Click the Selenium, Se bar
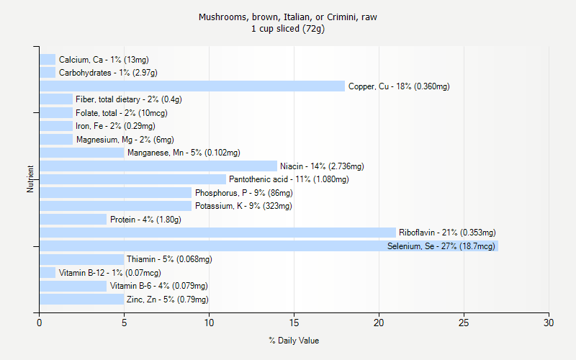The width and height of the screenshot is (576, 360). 269,246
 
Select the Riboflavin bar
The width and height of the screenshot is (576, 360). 217,233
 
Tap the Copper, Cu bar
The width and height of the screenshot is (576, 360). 192,86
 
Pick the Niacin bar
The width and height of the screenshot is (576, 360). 158,166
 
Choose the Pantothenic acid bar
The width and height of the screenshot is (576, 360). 132,179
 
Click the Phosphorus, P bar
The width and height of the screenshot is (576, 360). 116,193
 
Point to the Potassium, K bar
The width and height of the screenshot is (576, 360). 116,206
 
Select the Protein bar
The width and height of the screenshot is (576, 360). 73,220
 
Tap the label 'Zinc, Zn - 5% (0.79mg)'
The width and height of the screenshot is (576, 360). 168,300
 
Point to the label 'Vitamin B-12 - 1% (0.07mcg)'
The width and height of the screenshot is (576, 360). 109,273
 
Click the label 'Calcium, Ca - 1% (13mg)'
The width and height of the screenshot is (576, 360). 104,60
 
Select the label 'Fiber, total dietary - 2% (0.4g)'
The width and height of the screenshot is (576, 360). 129,99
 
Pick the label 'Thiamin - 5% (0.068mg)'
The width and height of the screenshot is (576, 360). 169,259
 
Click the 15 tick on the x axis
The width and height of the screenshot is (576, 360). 294,321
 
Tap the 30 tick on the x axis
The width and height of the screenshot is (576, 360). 549,321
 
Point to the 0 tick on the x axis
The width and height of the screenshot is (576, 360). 40,321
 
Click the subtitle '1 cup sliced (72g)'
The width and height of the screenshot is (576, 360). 288,29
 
